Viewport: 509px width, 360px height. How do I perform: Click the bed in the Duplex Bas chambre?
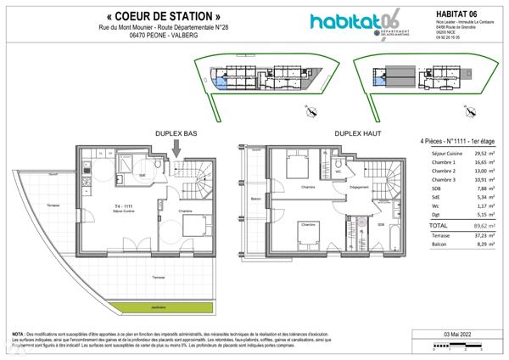[x=189, y=226]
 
